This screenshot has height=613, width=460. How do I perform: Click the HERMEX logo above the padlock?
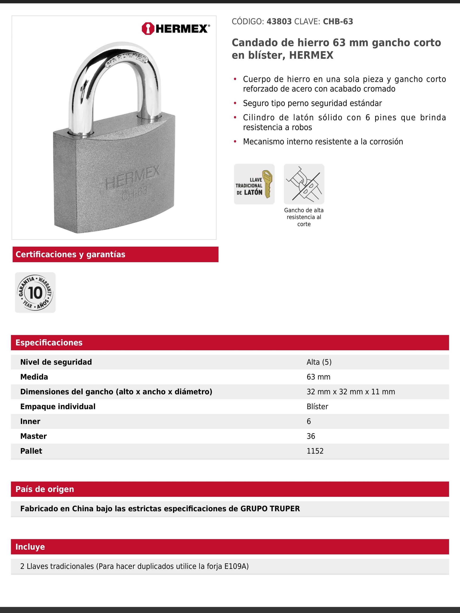[x=176, y=29]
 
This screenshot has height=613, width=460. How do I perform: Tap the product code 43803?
[x=279, y=22]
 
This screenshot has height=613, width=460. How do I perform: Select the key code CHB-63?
[x=338, y=22]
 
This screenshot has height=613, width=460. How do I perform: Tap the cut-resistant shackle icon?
[x=304, y=184]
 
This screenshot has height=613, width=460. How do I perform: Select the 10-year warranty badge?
[x=35, y=292]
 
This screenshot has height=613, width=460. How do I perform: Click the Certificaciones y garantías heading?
[x=70, y=254]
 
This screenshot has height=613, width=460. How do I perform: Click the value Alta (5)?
[x=319, y=362]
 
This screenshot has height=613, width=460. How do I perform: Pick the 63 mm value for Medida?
[x=318, y=377]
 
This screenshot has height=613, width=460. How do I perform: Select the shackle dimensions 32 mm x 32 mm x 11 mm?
[x=351, y=392]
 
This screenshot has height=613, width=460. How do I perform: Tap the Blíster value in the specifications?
[x=317, y=407]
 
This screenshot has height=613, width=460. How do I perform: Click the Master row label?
[x=34, y=436]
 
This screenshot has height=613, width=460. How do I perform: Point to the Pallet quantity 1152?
[x=315, y=451]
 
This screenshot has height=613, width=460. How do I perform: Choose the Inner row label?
[x=30, y=421]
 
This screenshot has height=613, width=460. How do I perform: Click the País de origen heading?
[x=45, y=489]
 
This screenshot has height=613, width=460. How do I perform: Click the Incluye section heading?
[x=30, y=547]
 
